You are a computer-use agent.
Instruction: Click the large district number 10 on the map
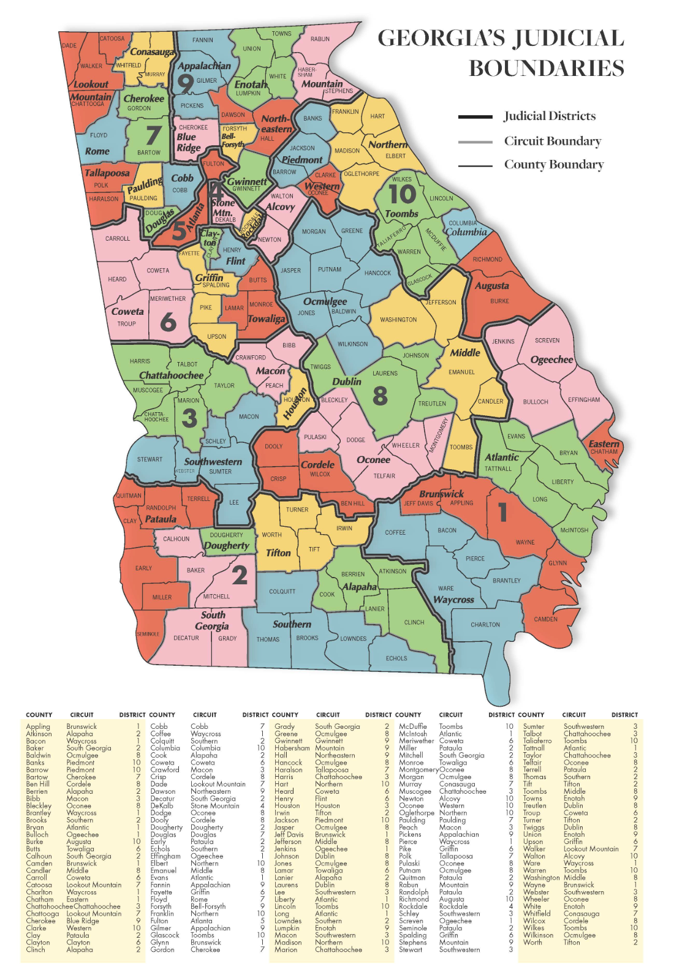tap(403, 195)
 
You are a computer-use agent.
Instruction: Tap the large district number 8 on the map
tap(380, 396)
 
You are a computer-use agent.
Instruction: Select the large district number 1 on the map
tap(502, 512)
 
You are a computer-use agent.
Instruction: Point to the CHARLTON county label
tap(485, 625)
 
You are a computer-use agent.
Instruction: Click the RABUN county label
tap(320, 39)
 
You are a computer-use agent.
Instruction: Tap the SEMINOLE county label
tap(148, 634)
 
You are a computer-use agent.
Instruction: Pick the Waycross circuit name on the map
tap(453, 600)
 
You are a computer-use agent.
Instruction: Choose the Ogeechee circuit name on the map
tap(551, 360)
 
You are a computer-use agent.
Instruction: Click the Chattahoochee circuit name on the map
tap(171, 375)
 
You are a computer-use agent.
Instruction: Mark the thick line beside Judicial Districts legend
tap(475, 116)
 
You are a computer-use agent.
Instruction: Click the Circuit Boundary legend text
tap(553, 141)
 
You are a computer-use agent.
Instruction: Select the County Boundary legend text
tap(554, 164)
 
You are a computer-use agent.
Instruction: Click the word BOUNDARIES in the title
tap(547, 68)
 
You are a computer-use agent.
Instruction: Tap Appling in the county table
tap(38, 726)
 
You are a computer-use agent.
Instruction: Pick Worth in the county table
tap(532, 942)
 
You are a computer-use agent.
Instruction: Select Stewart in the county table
tap(411, 949)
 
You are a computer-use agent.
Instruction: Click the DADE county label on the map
tap(69, 45)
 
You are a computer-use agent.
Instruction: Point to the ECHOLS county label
tap(396, 658)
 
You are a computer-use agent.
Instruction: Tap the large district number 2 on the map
tap(240, 575)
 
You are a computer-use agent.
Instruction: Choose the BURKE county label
tap(499, 301)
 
